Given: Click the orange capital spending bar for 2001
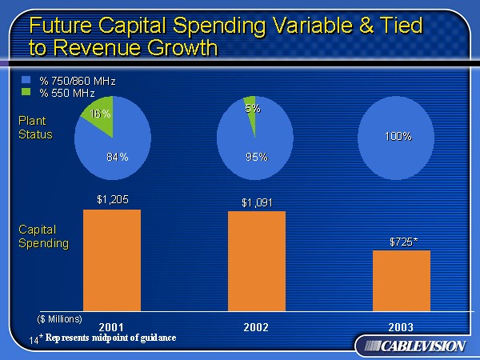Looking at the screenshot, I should [112, 259].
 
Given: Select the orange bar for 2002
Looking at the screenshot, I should [256, 260].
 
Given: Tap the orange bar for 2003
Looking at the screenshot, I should [401, 280].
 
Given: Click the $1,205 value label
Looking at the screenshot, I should [112, 199].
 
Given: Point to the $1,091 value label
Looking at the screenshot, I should [257, 202].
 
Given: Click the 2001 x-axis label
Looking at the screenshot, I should [111, 327].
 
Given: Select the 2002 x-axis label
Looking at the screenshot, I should [256, 327].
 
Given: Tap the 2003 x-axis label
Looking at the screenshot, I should [401, 327].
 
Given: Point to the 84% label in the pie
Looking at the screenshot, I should [118, 156].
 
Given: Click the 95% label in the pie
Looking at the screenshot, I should [257, 156].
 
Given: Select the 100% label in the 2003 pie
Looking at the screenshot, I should [398, 137].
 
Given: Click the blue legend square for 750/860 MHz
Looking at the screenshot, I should [25, 81].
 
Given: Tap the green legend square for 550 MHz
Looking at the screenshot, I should [25, 92].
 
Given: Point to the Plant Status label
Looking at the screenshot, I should [35, 128].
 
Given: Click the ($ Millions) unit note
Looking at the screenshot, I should [60, 318].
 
